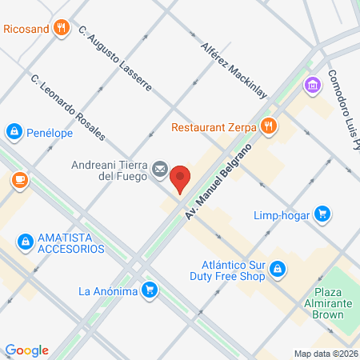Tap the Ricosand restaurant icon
[x=62, y=30]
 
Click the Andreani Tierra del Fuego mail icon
[x=160, y=169]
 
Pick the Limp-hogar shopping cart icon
[x=322, y=214]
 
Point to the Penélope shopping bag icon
[x=14, y=130]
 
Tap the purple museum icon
[x=312, y=84]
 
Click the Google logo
[x=27, y=350]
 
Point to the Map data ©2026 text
[x=326, y=354]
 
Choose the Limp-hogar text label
[x=280, y=214]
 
